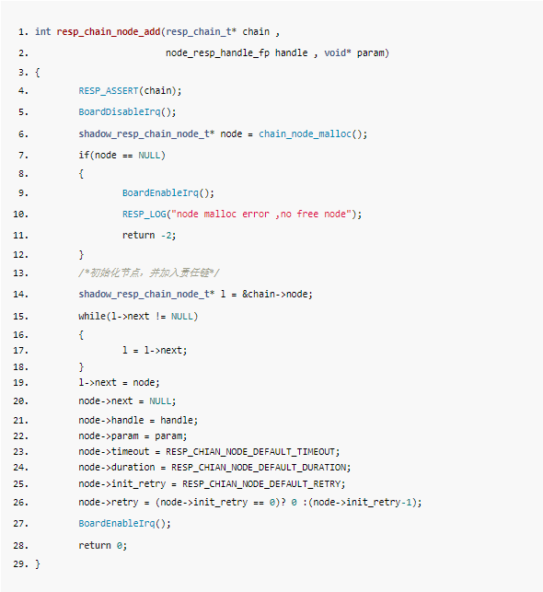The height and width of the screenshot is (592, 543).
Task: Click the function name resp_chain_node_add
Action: (x=109, y=32)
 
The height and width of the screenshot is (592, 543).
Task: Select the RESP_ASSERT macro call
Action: (x=109, y=91)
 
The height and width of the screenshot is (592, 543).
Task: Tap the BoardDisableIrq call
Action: (x=120, y=112)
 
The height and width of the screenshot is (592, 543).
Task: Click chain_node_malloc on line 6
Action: (x=305, y=134)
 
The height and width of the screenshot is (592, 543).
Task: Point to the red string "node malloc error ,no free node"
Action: (x=261, y=215)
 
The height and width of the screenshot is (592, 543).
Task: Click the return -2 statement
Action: (x=149, y=235)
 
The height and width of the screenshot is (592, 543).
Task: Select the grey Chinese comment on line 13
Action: (x=149, y=273)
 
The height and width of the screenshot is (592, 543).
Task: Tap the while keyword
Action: (x=92, y=316)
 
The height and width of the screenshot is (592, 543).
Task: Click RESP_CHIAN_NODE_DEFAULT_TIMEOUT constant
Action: (x=250, y=452)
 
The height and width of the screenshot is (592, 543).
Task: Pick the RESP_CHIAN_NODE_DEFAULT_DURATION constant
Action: (x=259, y=468)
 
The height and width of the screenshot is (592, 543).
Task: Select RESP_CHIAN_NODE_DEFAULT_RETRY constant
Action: (x=261, y=484)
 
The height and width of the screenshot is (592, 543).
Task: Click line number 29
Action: (x=20, y=564)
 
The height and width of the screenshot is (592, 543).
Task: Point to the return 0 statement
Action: (x=103, y=546)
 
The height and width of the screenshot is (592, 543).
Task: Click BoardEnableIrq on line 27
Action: (x=117, y=524)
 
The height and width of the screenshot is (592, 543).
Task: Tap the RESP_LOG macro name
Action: (x=144, y=215)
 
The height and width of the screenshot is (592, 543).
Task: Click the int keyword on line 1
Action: (x=43, y=31)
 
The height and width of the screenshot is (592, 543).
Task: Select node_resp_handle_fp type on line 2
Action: (x=218, y=53)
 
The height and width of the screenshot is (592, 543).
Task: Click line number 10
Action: (x=20, y=215)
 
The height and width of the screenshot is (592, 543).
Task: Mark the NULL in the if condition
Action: (x=149, y=156)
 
